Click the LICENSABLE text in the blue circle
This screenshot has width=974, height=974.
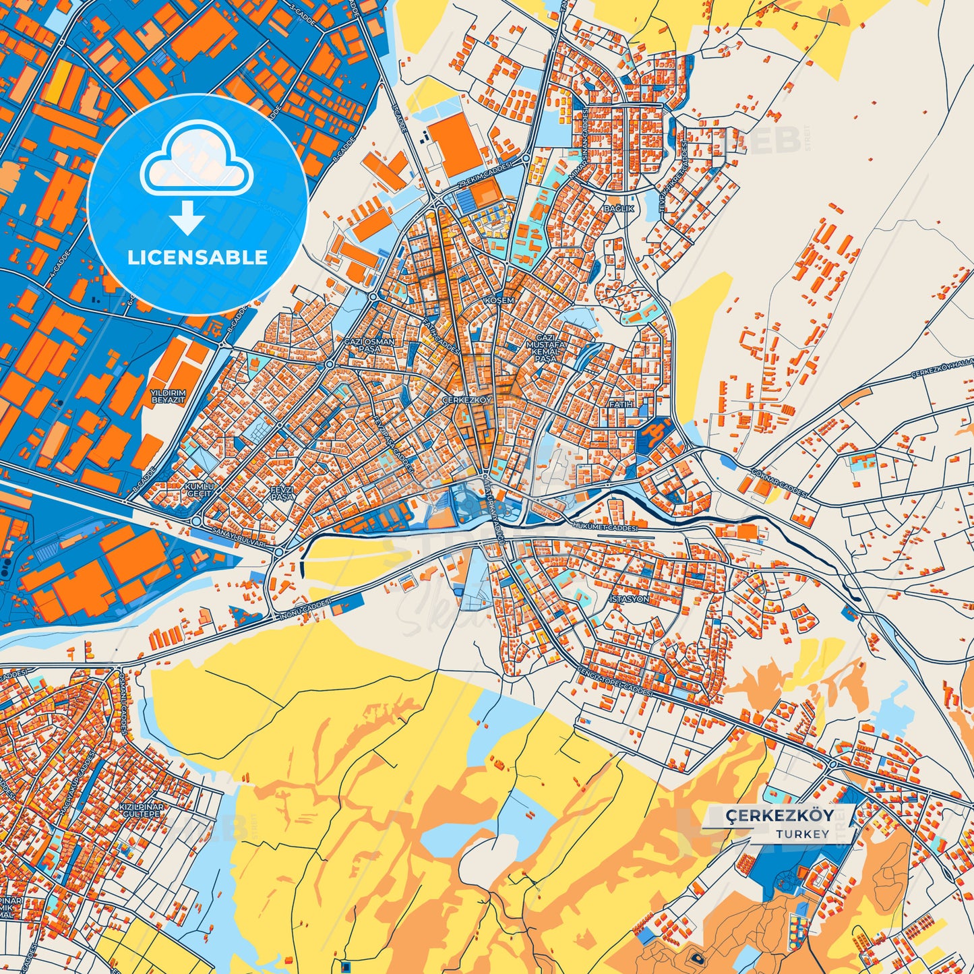pos(197,257)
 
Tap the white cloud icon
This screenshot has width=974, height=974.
pos(196,162)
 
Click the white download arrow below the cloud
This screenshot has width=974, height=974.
pos(187,217)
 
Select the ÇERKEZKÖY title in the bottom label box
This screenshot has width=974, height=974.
pos(779,815)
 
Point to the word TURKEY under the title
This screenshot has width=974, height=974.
pos(802,834)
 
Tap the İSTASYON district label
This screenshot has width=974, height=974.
pos(629,599)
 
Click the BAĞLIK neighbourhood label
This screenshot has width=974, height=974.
pos(619,209)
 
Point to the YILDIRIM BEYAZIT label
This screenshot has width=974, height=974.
pos(168,396)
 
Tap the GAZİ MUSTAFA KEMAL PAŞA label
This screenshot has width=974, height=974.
pos(545,348)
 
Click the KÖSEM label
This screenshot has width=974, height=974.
pos(499,300)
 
